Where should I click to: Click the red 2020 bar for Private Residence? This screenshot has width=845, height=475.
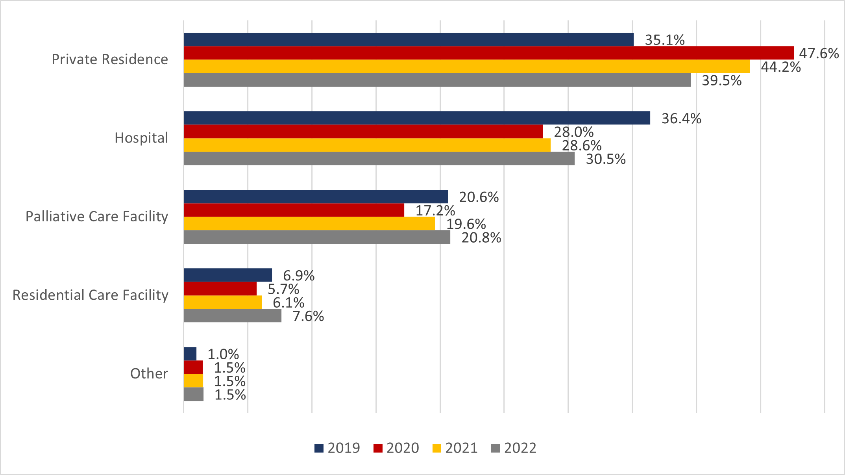tap(488, 53)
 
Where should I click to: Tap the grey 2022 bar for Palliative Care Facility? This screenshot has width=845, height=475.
tap(317, 237)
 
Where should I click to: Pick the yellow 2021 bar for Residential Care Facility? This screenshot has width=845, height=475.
tap(223, 302)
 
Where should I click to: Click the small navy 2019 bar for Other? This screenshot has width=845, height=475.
tap(190, 354)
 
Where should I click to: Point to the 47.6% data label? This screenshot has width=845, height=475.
tap(819, 54)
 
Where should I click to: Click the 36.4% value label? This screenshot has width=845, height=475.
tap(681, 119)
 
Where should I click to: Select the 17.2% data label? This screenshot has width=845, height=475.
tap(435, 211)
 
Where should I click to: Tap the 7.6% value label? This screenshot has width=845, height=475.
tap(308, 316)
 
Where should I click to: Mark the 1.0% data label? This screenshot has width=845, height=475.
tap(223, 354)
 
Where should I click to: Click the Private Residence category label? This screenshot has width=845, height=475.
tap(110, 59)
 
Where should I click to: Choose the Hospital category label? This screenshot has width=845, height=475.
tap(141, 138)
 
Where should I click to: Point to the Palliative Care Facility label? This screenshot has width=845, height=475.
tap(97, 217)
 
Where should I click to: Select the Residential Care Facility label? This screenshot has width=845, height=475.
tap(91, 295)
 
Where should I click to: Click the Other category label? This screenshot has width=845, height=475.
tap(149, 373)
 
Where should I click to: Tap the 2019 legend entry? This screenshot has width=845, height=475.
tap(337, 448)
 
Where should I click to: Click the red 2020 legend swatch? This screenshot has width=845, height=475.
tap(378, 448)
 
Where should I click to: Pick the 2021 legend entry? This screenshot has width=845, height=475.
tap(455, 448)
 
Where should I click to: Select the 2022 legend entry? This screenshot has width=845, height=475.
tap(514, 448)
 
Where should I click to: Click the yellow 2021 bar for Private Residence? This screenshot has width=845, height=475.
tap(466, 66)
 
